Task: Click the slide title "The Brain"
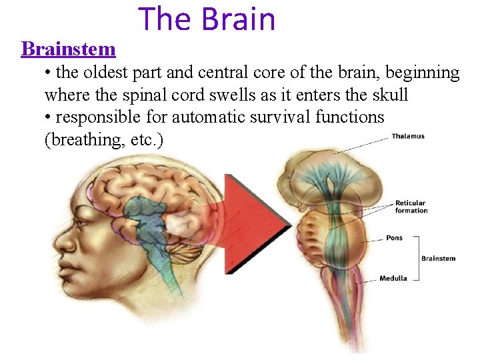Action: click(x=207, y=19)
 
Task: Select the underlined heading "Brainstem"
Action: click(x=68, y=49)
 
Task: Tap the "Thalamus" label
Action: click(x=408, y=137)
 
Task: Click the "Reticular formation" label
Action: click(x=411, y=207)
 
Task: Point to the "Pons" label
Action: click(x=394, y=238)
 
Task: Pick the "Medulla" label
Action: click(x=393, y=278)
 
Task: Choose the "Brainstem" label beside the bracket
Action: click(x=439, y=259)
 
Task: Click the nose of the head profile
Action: click(x=59, y=239)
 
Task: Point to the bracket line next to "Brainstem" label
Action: click(x=418, y=259)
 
